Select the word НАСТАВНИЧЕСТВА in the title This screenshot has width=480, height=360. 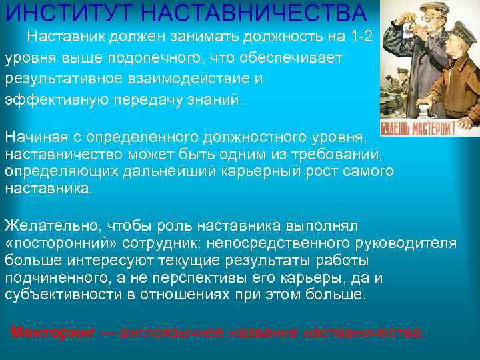(x=253, y=13)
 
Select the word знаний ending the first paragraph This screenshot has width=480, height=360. (x=217, y=99)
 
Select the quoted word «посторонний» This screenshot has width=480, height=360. (x=57, y=243)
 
